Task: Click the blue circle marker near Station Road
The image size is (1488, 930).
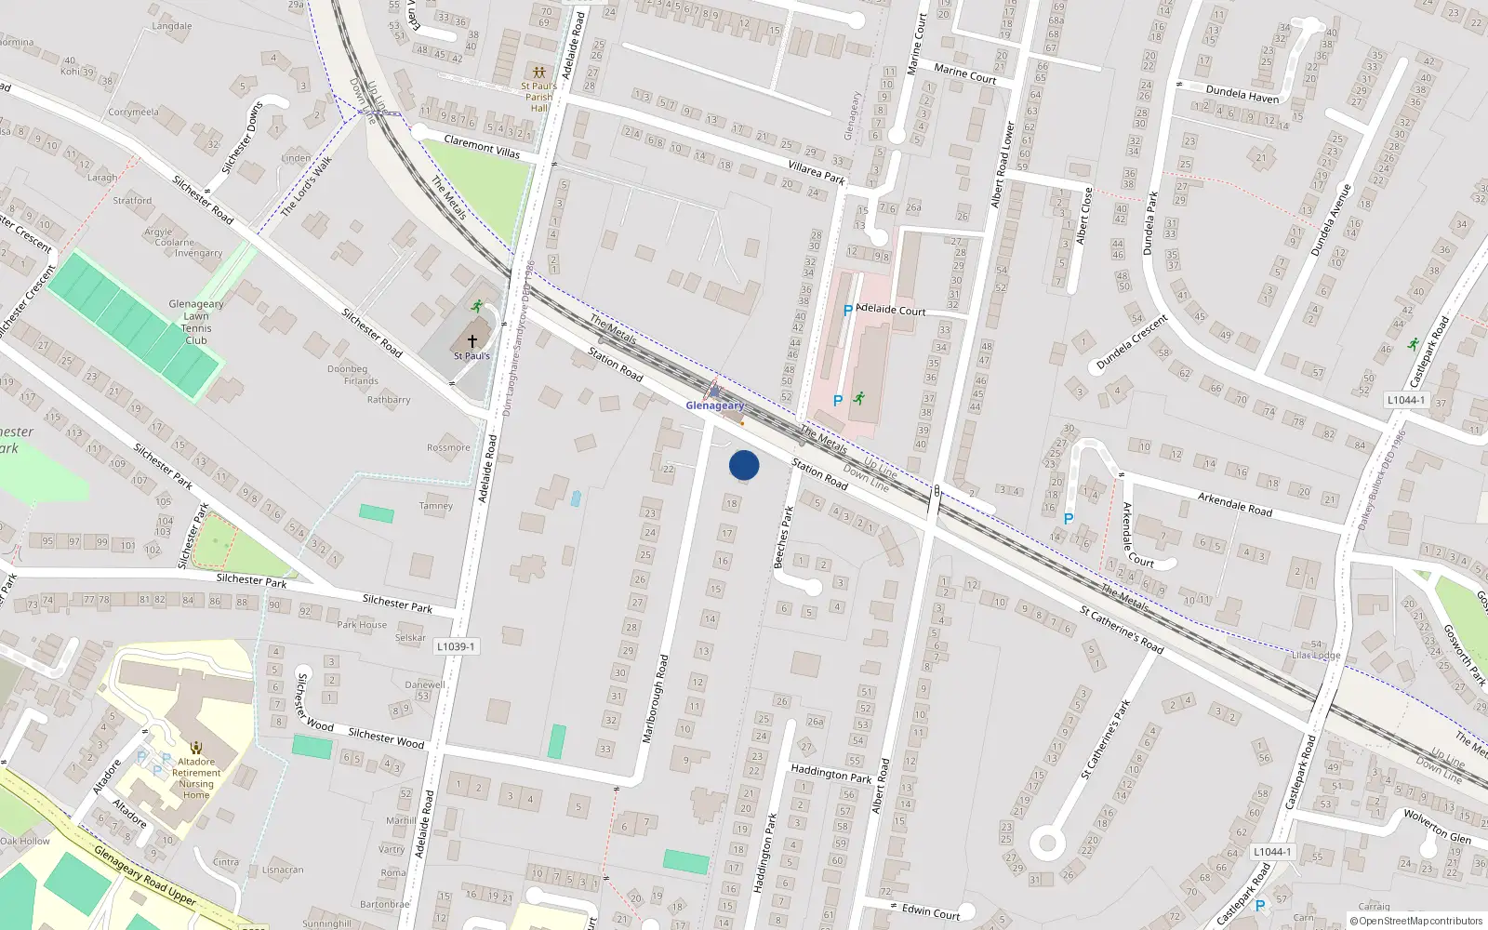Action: [x=744, y=465]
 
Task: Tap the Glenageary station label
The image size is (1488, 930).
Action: [x=714, y=405]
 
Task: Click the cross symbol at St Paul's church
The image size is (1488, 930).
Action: [x=472, y=341]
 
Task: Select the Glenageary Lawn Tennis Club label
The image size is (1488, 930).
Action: [x=196, y=322]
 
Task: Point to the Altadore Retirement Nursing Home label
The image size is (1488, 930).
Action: [x=196, y=778]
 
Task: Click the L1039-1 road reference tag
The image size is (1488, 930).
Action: [x=456, y=646]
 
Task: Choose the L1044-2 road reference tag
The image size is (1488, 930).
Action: [x=1270, y=851]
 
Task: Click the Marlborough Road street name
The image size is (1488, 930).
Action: [x=656, y=698]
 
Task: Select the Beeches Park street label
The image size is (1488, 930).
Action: [x=784, y=537]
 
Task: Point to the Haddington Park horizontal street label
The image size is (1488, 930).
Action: [x=831, y=773]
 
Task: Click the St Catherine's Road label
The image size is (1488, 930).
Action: [x=1122, y=630]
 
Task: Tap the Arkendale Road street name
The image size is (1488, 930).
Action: [x=1234, y=504]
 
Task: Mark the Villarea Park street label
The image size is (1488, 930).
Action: [x=816, y=172]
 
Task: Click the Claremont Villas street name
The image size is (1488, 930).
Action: [x=482, y=146]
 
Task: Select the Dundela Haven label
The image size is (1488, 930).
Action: [x=1242, y=94]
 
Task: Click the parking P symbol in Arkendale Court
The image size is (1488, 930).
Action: [x=1069, y=519]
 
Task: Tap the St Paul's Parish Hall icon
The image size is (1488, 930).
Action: [x=538, y=72]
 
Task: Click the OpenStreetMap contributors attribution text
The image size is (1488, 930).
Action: [x=1416, y=921]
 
